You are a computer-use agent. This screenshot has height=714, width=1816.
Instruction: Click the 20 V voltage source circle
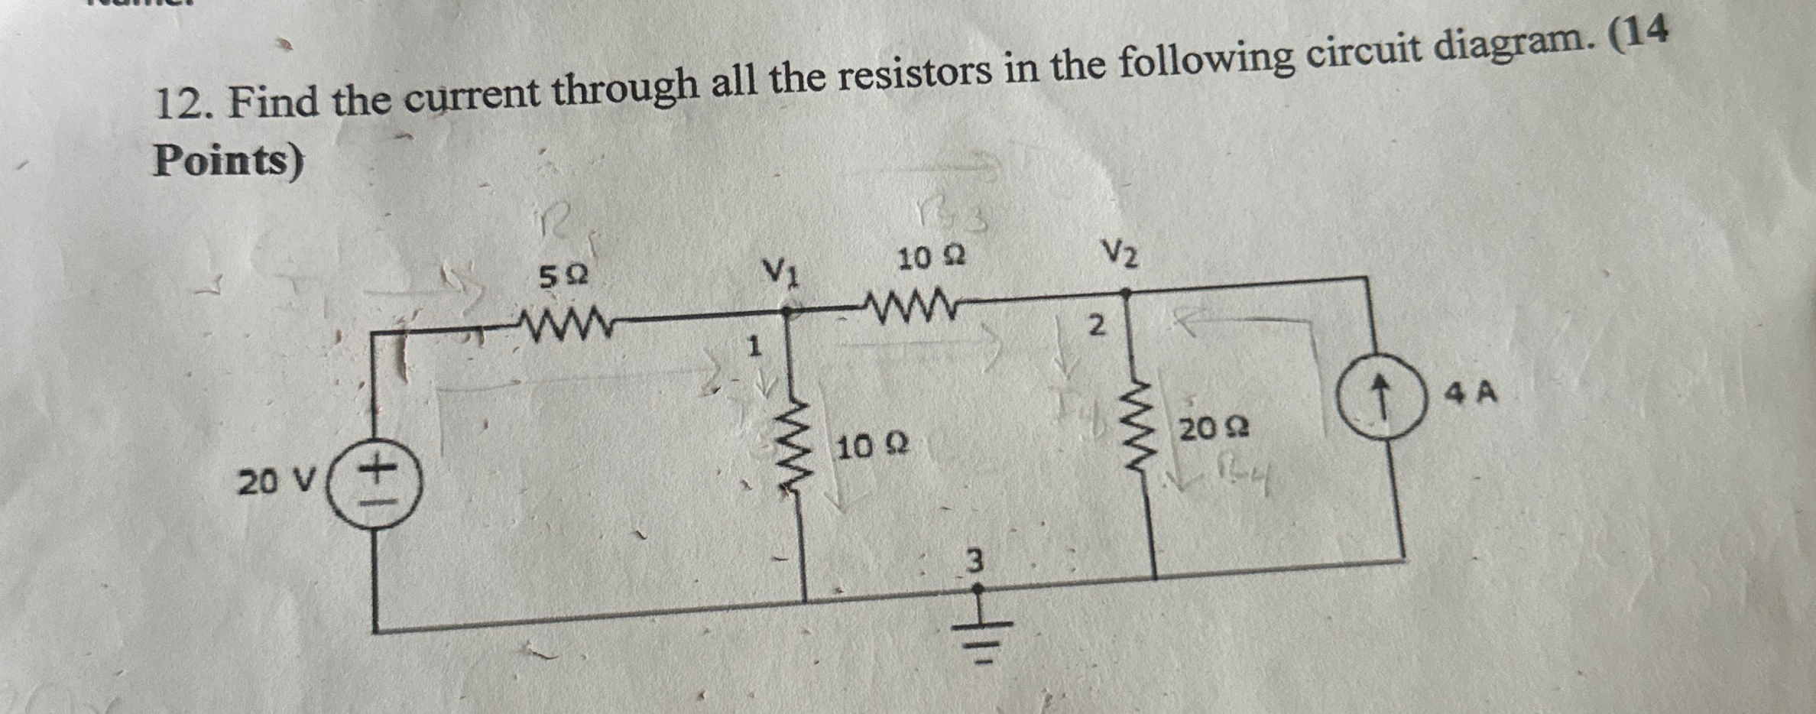tap(374, 487)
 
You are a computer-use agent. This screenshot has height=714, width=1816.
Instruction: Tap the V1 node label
tap(782, 271)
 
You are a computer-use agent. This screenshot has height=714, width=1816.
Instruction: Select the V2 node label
tap(1120, 253)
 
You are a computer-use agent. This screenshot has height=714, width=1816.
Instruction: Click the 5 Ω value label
tap(564, 277)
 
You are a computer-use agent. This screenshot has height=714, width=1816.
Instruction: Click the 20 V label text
tap(276, 482)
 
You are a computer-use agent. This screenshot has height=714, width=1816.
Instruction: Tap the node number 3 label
tap(973, 562)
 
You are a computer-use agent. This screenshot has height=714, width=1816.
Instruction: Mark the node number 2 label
tap(1096, 326)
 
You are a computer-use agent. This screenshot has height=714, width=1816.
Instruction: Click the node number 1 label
tap(754, 348)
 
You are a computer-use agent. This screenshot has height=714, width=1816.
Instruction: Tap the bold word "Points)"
tap(228, 161)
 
